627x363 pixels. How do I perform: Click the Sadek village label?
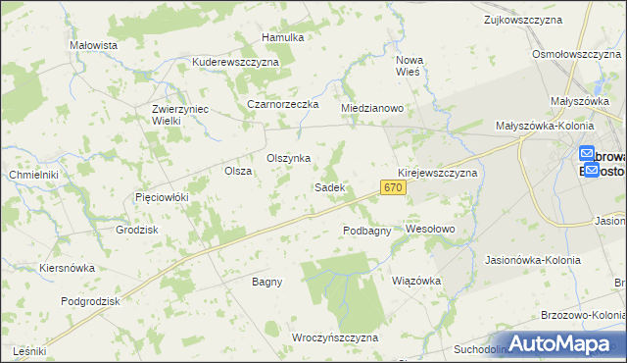coord(328,186)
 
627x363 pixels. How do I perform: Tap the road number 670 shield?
coord(393,187)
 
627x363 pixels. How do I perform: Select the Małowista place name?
coord(94,46)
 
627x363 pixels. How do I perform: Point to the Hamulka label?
coord(283,37)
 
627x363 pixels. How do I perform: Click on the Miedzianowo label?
coord(372,108)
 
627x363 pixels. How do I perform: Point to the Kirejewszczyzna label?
coord(437,172)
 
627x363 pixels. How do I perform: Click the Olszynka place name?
coord(289,158)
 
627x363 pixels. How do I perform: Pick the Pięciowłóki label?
coord(161,197)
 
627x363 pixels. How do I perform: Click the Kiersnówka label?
coord(67,267)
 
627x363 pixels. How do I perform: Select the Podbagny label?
coord(367,231)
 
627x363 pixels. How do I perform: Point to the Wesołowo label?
coord(431,229)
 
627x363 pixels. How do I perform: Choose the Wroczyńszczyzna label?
coord(335,337)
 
